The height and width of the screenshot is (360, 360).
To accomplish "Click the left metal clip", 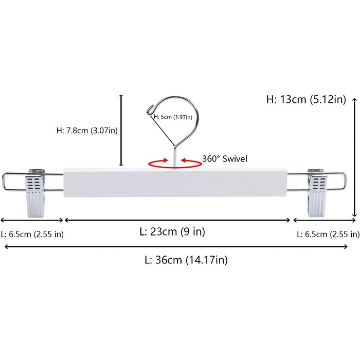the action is point(35,194).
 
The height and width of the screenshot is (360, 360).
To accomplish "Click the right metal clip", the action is point(317,193).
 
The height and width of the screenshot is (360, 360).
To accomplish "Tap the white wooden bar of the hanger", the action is point(175,183).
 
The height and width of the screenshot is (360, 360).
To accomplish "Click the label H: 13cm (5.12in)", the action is point(306,99).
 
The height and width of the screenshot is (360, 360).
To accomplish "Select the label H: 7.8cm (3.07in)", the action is point(87,131).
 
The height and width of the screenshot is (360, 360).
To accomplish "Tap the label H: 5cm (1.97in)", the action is point(173,117).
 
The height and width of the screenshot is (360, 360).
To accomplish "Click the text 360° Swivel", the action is point(225,158).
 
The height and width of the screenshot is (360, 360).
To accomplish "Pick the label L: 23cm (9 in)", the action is point(172,231).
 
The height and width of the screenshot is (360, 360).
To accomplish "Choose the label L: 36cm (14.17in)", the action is point(186,260).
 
